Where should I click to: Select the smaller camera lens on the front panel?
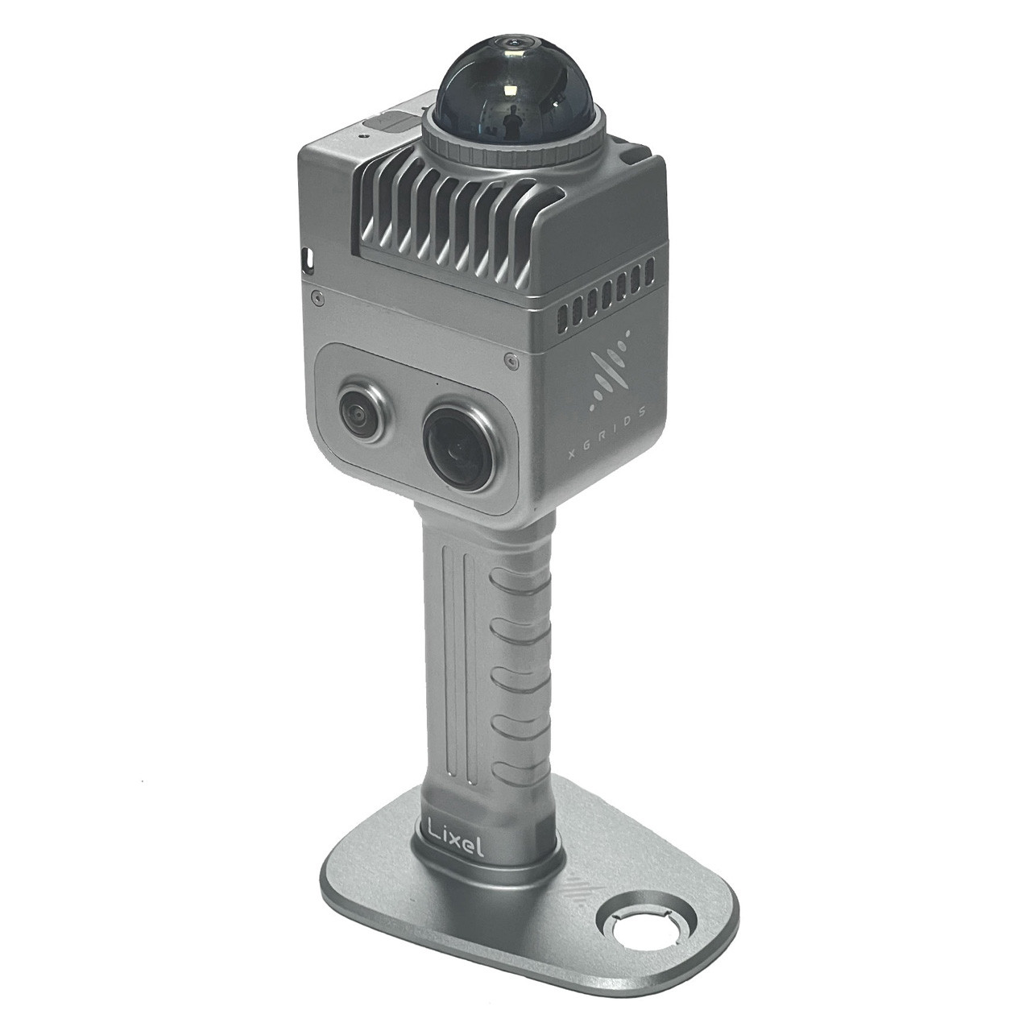pos(363,412)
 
